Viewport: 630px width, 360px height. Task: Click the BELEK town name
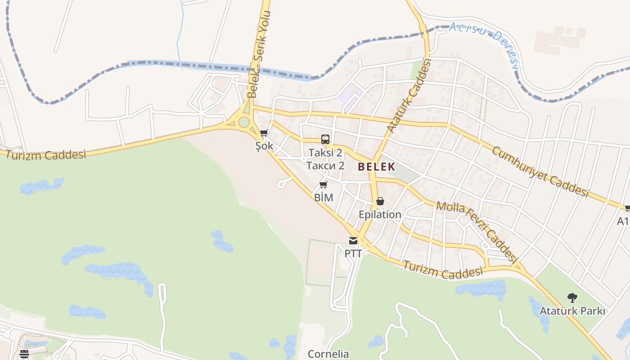376,166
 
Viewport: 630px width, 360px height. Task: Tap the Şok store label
264,146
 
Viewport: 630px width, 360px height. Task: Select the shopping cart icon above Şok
264,133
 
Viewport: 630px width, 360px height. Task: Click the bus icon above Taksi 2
325,139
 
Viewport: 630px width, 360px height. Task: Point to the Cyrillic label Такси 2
325,166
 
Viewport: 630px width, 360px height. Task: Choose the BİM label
324,197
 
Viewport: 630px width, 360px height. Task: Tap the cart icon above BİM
323,184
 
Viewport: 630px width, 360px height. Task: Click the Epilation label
380,214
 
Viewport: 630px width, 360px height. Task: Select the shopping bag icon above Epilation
380,201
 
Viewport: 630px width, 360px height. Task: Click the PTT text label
353,253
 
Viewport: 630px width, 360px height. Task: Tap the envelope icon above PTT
353,241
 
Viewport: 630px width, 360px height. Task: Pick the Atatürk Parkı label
572,311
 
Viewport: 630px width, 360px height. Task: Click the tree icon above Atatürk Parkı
572,297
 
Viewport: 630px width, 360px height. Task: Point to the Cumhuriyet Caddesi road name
540,171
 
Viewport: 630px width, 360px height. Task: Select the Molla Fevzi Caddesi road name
476,231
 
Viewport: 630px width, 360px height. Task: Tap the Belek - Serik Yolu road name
258,54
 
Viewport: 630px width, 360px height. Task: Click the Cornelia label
328,354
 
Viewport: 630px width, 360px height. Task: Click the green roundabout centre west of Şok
244,122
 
